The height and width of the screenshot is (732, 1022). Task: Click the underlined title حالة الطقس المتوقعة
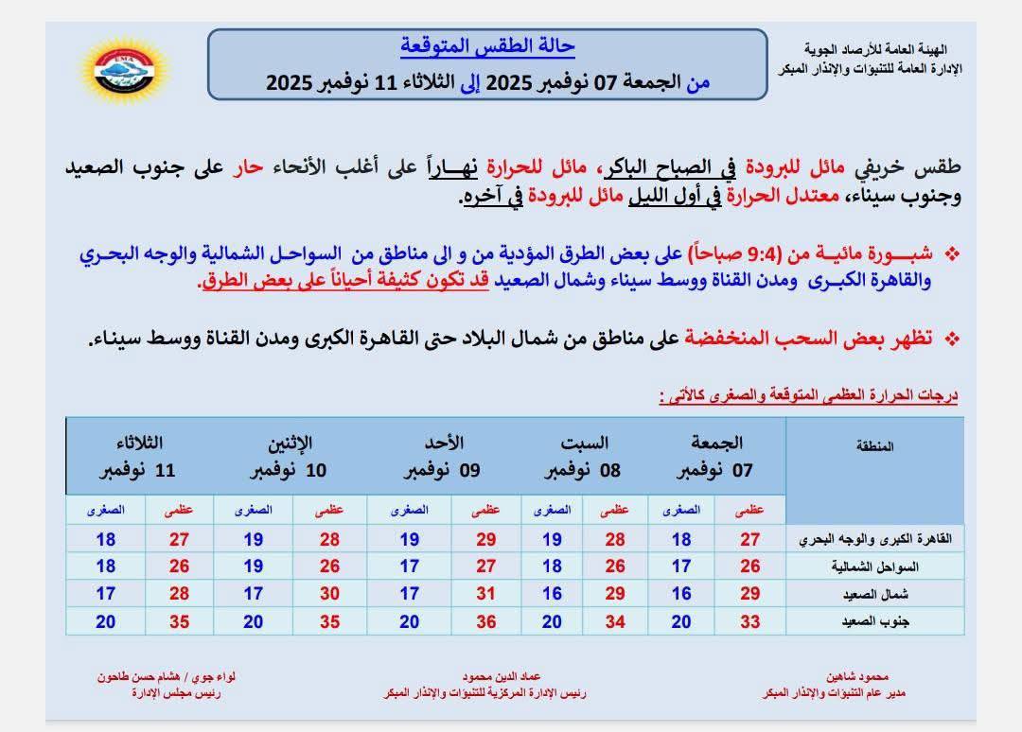[x=487, y=46]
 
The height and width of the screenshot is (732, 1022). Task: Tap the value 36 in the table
[x=485, y=621]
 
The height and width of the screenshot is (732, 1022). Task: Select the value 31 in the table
[x=485, y=594]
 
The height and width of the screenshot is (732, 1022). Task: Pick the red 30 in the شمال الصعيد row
[x=329, y=594]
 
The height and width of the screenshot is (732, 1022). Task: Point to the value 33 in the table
[x=750, y=621]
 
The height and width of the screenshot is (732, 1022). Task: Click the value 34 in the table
[x=615, y=621]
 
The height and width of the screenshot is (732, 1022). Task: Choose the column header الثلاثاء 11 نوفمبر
[x=139, y=457]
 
